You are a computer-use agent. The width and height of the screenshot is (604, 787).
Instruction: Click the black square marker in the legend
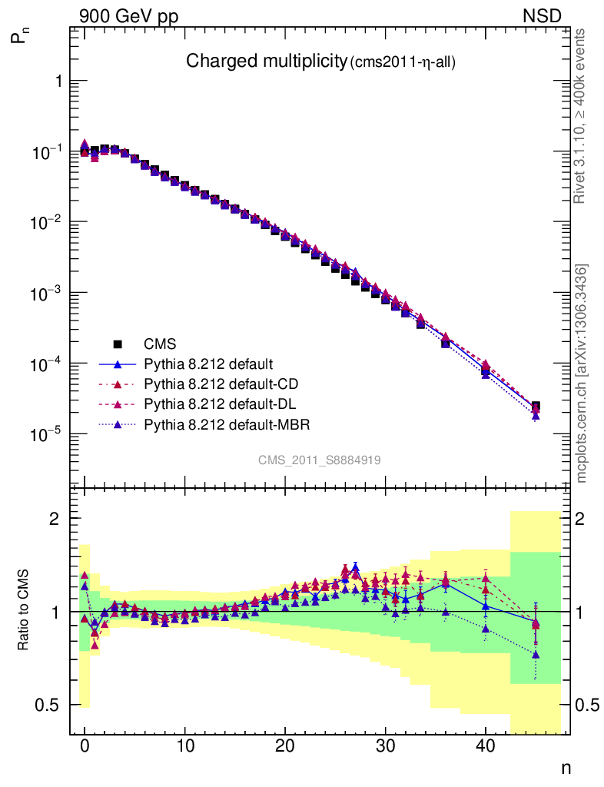click(118, 344)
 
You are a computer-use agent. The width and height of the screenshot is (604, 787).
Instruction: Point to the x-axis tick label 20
click(285, 746)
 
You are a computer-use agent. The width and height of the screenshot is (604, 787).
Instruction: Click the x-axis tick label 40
click(486, 746)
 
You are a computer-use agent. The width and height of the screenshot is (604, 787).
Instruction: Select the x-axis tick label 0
click(85, 746)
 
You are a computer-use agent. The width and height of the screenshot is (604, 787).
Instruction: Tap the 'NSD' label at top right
click(543, 16)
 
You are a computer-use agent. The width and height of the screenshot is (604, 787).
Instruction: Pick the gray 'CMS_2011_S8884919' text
click(319, 460)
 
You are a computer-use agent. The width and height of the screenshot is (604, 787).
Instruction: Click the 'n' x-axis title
click(566, 767)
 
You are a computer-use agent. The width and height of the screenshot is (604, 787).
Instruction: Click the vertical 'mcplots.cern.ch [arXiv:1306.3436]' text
click(582, 374)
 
